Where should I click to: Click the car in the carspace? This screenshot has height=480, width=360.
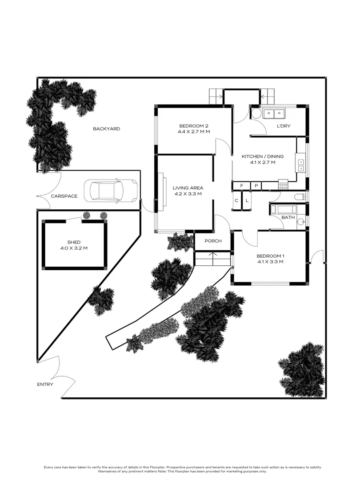point(113,191)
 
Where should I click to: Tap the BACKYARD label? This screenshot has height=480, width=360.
point(106,129)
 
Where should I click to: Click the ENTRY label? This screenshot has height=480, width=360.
point(45,384)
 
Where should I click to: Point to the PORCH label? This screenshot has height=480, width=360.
point(212,241)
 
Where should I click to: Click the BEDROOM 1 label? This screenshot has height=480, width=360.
point(270,256)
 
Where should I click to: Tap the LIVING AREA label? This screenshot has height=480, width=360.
point(188,188)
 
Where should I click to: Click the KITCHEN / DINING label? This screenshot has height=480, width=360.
point(262,156)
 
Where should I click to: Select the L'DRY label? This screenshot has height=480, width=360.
point(283,126)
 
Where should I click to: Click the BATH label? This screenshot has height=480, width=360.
point(288,217)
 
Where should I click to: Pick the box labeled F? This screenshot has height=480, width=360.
point(242,185)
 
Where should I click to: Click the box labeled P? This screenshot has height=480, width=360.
point(256,185)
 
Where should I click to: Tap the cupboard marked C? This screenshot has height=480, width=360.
point(236,200)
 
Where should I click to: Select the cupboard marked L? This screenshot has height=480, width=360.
point(247,200)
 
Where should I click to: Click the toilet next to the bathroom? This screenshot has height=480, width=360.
point(300,197)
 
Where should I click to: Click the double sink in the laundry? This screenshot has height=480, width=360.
point(274,114)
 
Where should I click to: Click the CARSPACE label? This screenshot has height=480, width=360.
point(64,196)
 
